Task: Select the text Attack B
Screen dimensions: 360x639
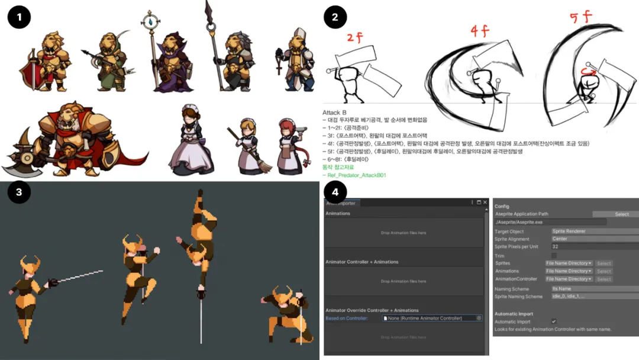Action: [335, 112]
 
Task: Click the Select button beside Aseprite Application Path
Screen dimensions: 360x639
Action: [621, 214]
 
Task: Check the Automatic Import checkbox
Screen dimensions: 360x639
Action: [554, 321]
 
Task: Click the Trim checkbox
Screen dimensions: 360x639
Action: [554, 255]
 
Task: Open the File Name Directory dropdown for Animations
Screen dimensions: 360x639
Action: [569, 271]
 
